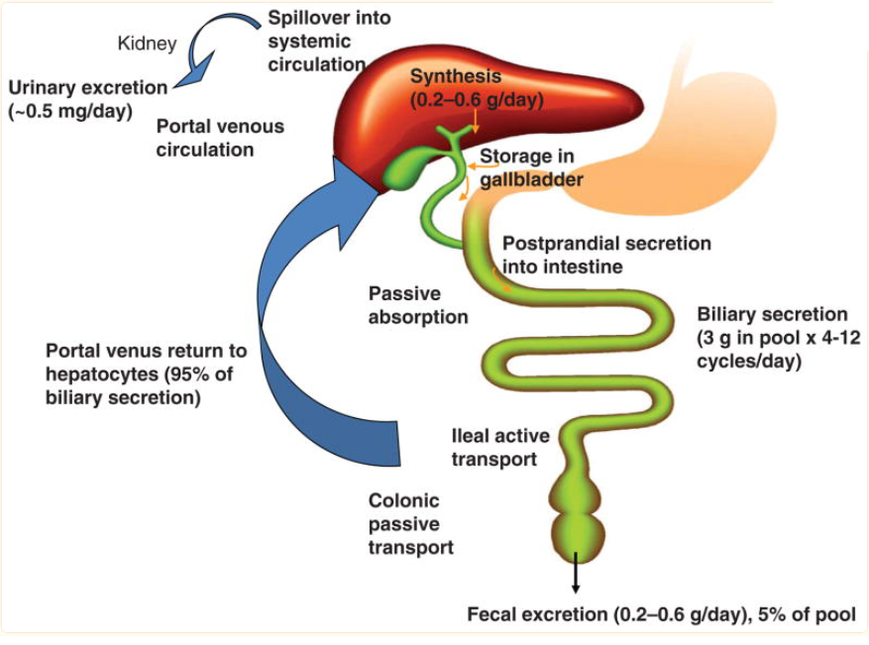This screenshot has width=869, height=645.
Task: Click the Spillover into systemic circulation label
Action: click(316, 41)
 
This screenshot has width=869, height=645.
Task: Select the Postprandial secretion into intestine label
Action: click(605, 255)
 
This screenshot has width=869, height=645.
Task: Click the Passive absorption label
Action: click(418, 305)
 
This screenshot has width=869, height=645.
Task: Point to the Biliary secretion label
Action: click(772, 338)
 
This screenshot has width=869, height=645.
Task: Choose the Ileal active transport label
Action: click(499, 447)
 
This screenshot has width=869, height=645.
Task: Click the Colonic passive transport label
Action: click(410, 523)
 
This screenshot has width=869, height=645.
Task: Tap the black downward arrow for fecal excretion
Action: click(576, 580)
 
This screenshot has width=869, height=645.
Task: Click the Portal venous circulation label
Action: click(220, 138)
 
